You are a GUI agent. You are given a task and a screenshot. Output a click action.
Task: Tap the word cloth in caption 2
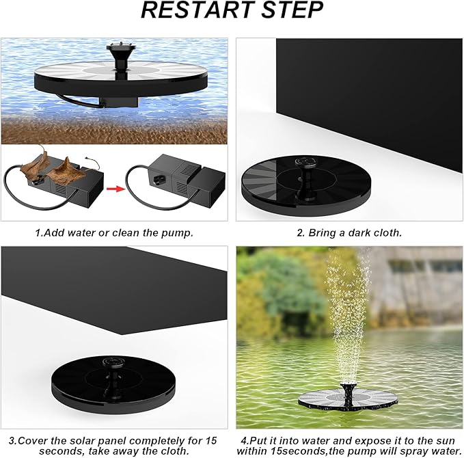[386, 232]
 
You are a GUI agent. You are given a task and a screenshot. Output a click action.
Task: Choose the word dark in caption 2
[355, 232]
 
